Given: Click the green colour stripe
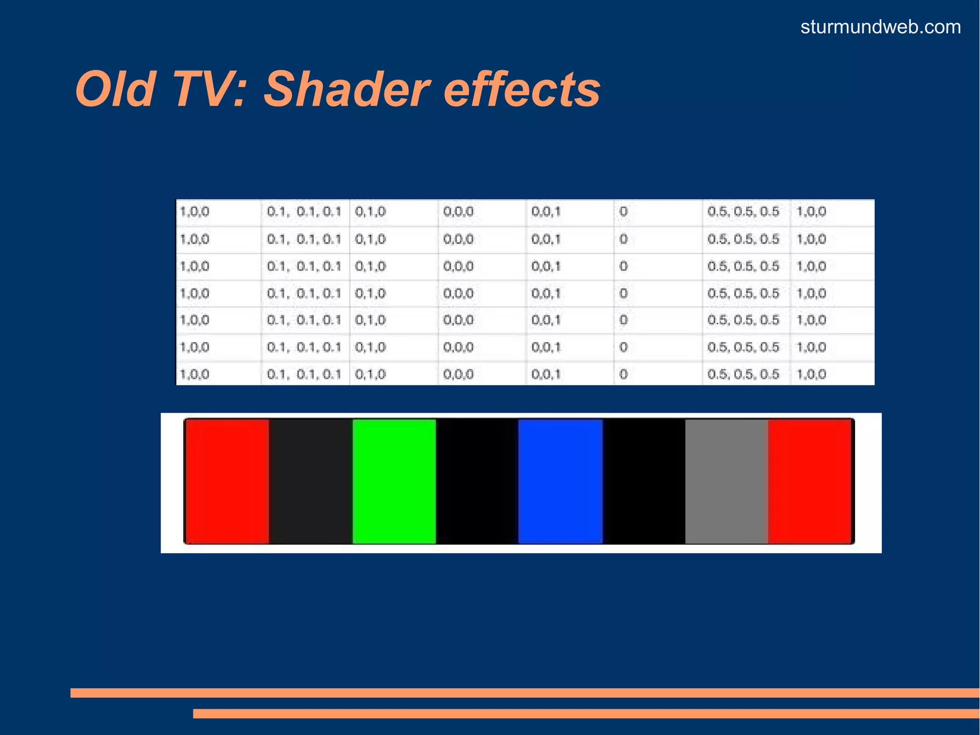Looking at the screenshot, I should (394, 481).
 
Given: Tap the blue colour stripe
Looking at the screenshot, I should (560, 481).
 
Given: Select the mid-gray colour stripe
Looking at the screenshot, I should (726, 481).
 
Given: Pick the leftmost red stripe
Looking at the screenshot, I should (227, 481).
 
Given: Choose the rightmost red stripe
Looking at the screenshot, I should (811, 481).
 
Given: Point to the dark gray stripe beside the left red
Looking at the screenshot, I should (311, 481).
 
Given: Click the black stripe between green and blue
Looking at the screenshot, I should (477, 481).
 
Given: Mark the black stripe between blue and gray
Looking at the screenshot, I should (644, 481).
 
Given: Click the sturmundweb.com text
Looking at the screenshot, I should (880, 27).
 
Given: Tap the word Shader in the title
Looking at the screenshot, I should (347, 90).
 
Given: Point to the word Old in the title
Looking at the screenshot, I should (115, 90).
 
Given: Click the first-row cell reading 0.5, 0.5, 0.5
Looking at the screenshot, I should (743, 212).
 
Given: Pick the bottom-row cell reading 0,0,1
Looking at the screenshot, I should (546, 374).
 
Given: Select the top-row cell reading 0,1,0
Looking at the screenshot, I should (370, 212).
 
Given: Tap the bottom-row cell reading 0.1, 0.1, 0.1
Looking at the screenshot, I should (304, 374).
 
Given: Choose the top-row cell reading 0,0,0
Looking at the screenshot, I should (458, 212).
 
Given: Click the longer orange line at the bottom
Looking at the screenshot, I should (524, 693).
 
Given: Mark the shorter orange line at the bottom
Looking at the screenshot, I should (586, 713).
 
